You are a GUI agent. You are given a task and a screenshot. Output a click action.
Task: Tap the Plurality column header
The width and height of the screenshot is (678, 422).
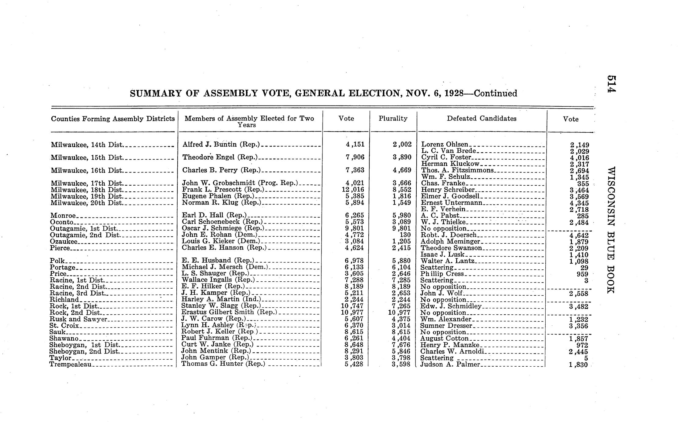(393, 118)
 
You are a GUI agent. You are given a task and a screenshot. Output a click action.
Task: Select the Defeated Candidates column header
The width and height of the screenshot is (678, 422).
(481, 118)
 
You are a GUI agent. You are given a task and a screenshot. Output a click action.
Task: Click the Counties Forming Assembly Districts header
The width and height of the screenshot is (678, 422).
(113, 119)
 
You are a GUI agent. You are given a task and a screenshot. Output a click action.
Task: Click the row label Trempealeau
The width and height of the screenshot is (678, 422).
(71, 364)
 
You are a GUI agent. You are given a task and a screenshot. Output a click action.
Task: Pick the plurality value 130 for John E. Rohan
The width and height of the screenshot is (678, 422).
(404, 235)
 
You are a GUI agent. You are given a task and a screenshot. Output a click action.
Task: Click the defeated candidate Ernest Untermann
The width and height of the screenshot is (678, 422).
(451, 203)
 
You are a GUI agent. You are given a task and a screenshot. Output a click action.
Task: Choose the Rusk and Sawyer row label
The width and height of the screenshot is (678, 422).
(79, 319)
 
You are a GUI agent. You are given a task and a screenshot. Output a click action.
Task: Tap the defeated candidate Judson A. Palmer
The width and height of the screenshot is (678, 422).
(450, 364)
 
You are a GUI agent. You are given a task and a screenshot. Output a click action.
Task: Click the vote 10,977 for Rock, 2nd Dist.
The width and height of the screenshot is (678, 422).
(353, 312)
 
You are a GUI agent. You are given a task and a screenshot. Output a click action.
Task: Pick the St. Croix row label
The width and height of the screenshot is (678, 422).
(64, 325)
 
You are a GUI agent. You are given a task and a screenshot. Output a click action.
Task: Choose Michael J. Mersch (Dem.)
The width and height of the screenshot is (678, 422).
(225, 267)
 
